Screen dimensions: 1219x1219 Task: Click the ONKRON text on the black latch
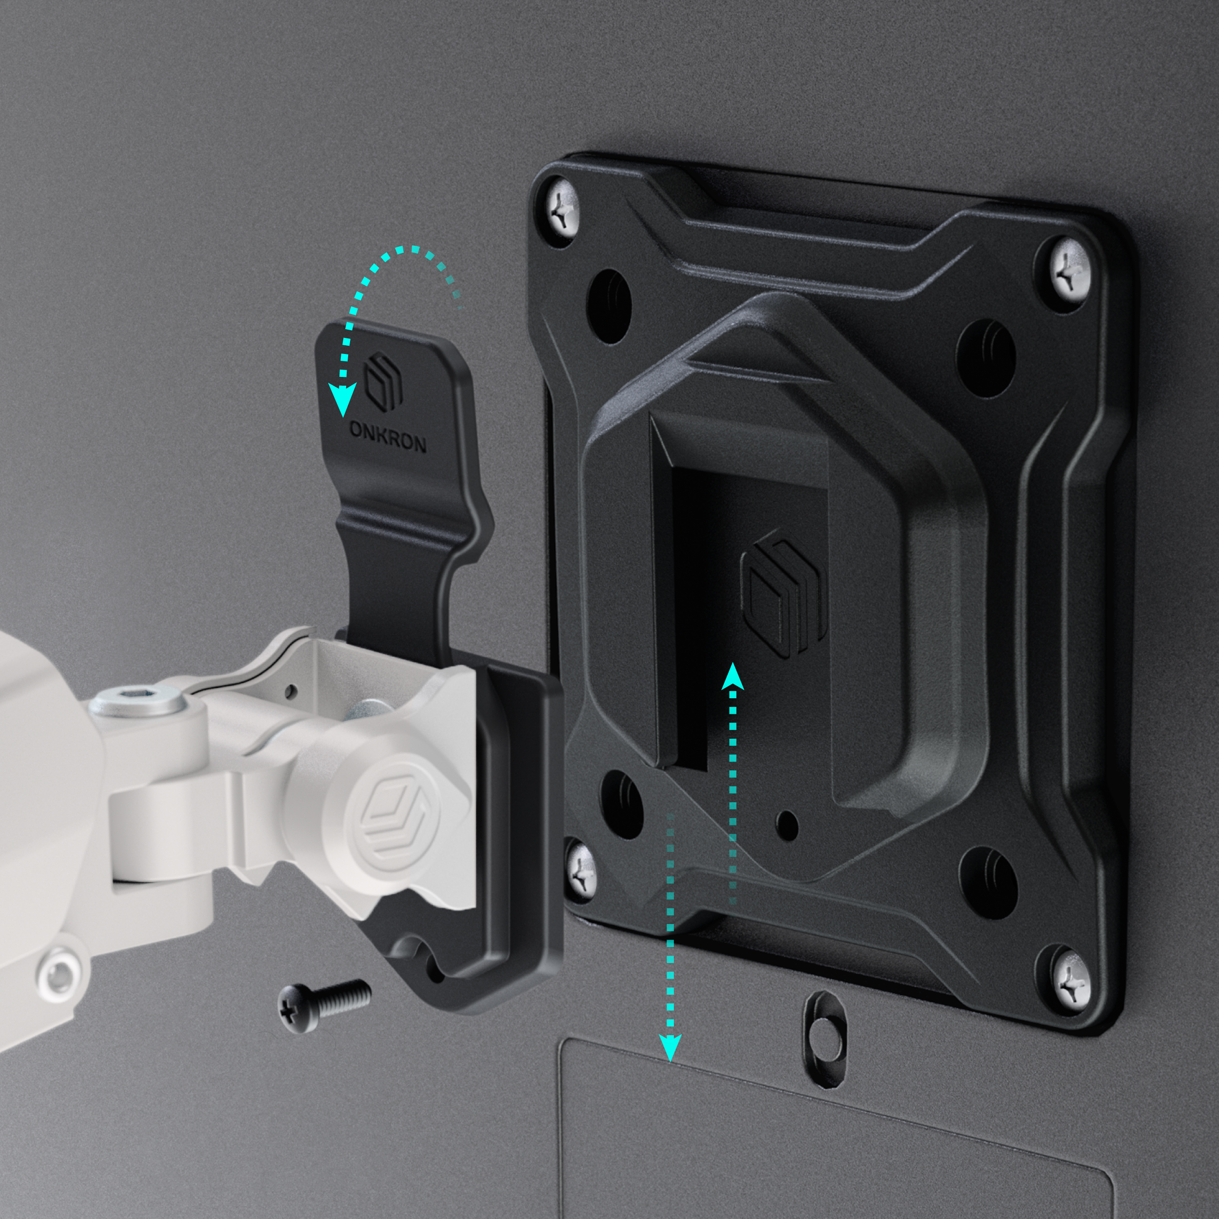pyautogui.click(x=388, y=436)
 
